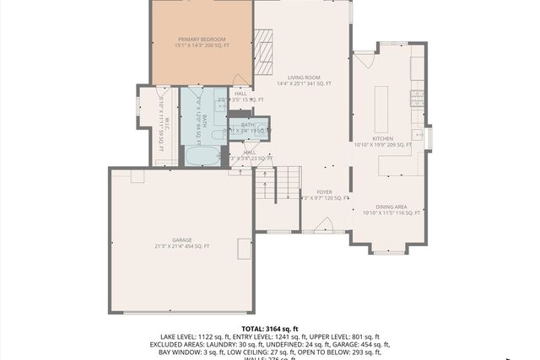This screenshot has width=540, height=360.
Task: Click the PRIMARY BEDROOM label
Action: click(x=202, y=40)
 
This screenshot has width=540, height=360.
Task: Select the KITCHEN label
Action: click(x=382, y=138)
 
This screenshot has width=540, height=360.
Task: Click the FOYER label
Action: click(x=325, y=192)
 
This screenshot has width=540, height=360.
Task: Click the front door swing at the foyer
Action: click(x=322, y=225)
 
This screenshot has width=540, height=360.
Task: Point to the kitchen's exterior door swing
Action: click(x=364, y=59)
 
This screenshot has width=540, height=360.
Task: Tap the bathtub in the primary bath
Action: click(x=201, y=155)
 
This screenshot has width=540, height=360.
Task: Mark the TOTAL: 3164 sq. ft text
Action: click(x=270, y=328)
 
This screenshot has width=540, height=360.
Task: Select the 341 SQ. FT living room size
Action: click(x=319, y=84)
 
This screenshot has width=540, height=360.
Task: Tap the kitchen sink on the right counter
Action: click(x=418, y=135)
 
